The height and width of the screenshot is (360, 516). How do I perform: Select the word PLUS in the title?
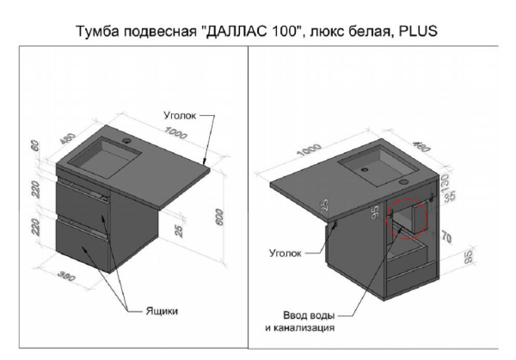coord(418,31)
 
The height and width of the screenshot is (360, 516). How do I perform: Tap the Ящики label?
coord(162,311)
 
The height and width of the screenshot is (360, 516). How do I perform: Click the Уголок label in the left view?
coord(180,115)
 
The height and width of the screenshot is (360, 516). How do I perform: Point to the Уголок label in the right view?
coord(286,253)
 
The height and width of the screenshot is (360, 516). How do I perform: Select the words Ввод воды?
coord(309,315)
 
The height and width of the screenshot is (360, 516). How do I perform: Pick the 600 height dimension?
coord(219,217)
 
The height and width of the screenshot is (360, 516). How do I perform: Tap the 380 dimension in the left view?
coord(66,276)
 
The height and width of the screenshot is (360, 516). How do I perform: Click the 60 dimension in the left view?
coord(35,146)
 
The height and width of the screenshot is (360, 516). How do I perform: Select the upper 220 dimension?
coord(35,190)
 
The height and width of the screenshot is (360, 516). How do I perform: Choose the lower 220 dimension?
coord(35,227)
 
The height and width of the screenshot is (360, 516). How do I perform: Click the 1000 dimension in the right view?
coord(309,149)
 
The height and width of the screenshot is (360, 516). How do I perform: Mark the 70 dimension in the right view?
coord(446,238)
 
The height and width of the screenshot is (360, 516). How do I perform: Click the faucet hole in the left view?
coord(126,142)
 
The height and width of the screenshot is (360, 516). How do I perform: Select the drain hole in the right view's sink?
coord(364,169)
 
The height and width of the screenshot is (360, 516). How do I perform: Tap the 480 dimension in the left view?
coord(68,138)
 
